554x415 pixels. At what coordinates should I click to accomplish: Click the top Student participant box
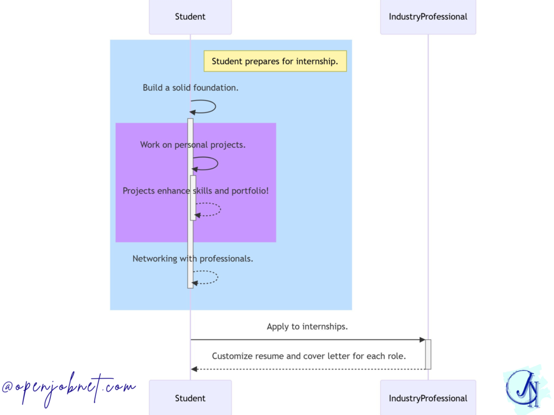(x=190, y=17)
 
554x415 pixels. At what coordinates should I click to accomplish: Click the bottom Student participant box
(x=190, y=398)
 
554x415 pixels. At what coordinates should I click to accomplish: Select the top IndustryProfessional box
(x=427, y=17)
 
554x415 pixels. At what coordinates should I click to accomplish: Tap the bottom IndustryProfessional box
(x=427, y=398)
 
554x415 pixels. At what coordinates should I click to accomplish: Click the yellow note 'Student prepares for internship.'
(x=275, y=61)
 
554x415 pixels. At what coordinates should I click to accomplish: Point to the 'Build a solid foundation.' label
(x=190, y=88)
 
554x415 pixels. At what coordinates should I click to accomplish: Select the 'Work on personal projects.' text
(x=193, y=145)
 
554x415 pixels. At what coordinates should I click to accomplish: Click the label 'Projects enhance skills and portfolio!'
(x=195, y=191)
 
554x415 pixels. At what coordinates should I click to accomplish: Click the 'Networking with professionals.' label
(x=193, y=259)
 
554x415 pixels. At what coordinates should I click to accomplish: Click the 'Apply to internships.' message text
(x=307, y=326)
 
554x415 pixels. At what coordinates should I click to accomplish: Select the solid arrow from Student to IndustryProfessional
(x=307, y=340)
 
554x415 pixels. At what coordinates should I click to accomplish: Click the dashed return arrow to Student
(x=307, y=369)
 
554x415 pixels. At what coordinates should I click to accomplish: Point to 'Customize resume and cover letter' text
(x=308, y=356)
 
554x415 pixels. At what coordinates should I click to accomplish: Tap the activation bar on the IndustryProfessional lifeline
(x=428, y=354)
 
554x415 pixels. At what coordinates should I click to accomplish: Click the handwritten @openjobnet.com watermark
(x=69, y=387)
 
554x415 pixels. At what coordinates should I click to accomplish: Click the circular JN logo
(x=523, y=388)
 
